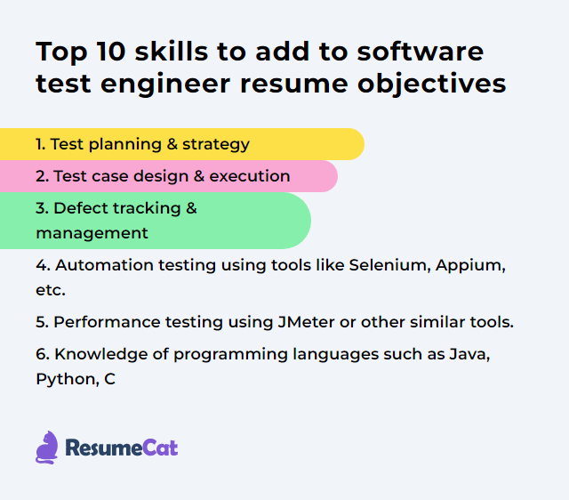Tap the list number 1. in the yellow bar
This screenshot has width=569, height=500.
pyautogui.click(x=40, y=143)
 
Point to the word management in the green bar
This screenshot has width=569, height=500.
pyautogui.click(x=92, y=233)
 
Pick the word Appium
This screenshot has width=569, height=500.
pyautogui.click(x=471, y=265)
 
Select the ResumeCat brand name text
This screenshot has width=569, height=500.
pyautogui.click(x=122, y=448)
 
